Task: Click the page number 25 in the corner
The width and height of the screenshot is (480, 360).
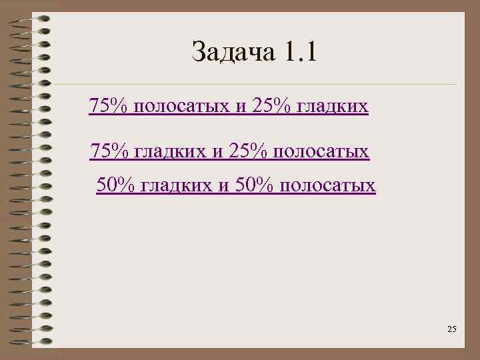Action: tap(451, 329)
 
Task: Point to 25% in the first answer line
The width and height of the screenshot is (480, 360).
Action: tap(270, 106)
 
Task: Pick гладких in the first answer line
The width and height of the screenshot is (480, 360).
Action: tap(331, 107)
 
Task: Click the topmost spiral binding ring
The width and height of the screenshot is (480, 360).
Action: tap(30, 19)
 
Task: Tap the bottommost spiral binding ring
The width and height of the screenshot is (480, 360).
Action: tap(30, 343)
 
